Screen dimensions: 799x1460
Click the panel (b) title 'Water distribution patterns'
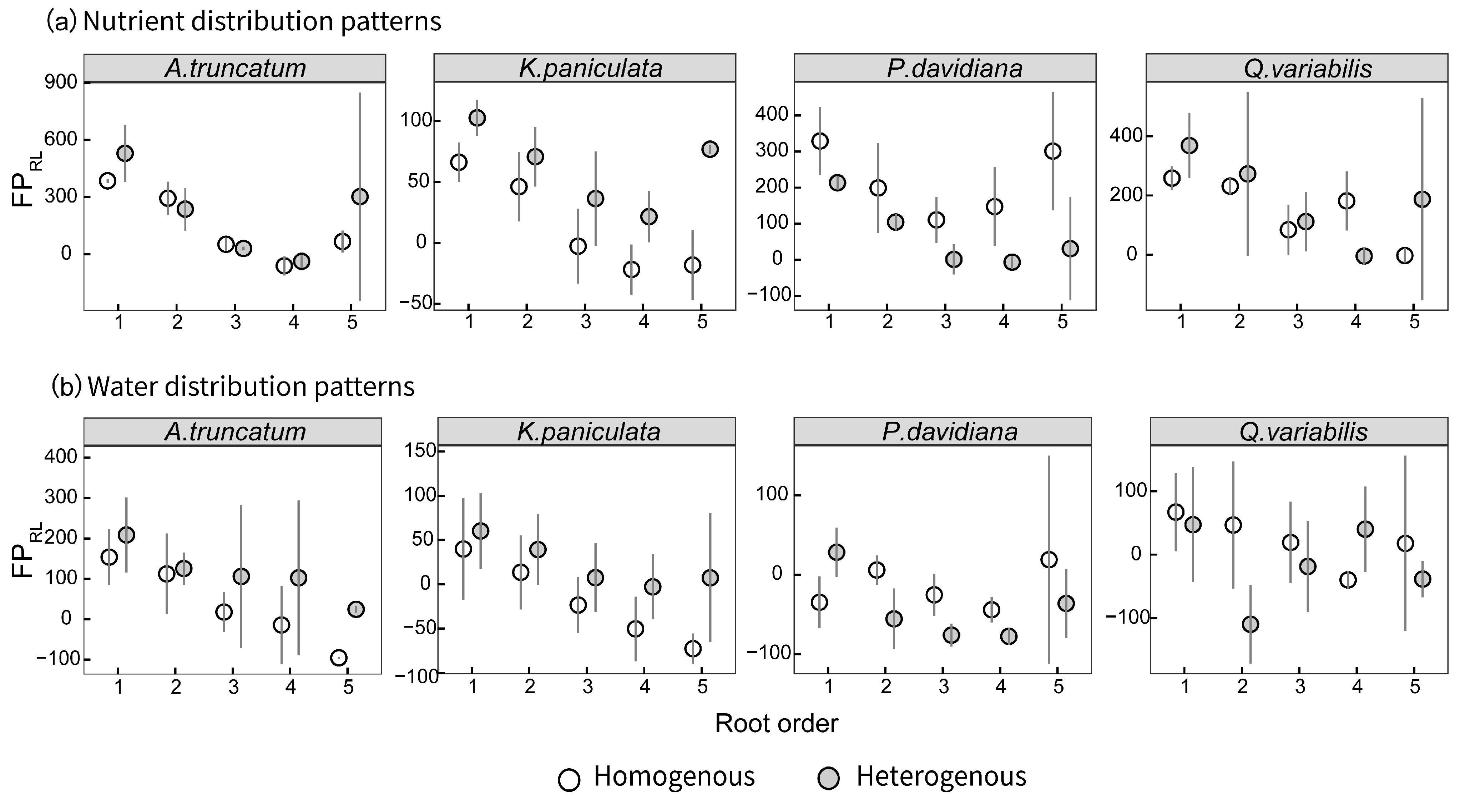pyautogui.click(x=251, y=387)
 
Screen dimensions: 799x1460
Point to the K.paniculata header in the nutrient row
pyautogui.click(x=590, y=69)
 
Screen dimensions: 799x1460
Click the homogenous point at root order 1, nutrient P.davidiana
pyautogui.click(x=819, y=141)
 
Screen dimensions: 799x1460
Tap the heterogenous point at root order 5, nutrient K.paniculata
pyautogui.click(x=709, y=149)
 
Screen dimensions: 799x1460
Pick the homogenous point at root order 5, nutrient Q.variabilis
pyautogui.click(x=1404, y=255)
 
